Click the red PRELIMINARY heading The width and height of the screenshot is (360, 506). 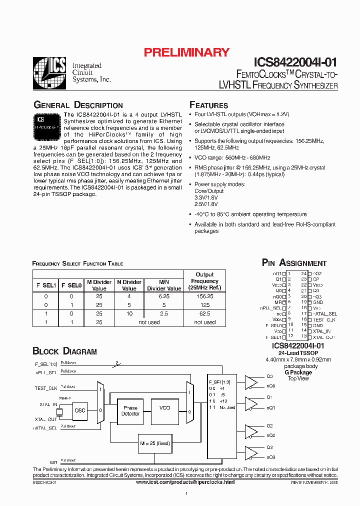pos(186,52)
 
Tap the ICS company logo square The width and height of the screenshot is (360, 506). pos(49,73)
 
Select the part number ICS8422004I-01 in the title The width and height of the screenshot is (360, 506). pos(295,62)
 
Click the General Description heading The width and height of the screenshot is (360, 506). pos(78,105)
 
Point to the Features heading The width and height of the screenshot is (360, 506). pos(208,105)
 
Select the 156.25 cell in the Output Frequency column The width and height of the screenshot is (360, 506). pos(204,296)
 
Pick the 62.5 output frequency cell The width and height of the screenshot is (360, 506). pos(204,313)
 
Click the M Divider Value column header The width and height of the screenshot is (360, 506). pos(99,285)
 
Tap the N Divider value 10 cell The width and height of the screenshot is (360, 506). pos(129,313)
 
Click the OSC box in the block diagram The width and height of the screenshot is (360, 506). pos(79,410)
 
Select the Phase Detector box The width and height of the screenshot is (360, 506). pos(130,410)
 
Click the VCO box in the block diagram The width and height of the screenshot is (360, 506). pos(164,408)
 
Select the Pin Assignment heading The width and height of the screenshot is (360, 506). pos(294,263)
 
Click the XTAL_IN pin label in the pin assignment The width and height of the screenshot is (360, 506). pos(321,331)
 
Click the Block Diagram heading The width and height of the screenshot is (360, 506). pos(64,351)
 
